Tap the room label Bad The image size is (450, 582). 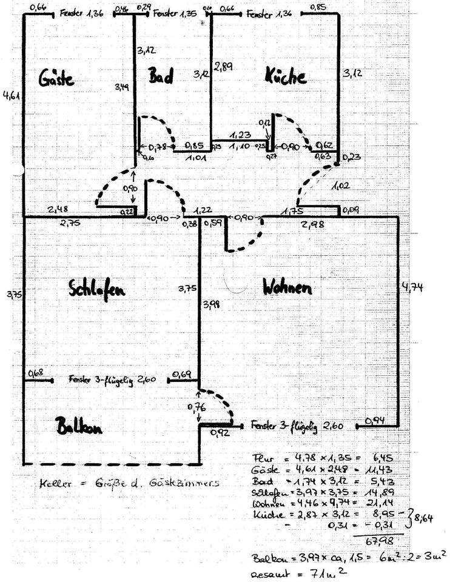(161, 76)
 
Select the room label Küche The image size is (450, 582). (285, 76)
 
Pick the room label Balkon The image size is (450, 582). (78, 426)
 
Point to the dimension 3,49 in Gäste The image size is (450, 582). (123, 87)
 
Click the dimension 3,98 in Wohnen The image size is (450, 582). (212, 303)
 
